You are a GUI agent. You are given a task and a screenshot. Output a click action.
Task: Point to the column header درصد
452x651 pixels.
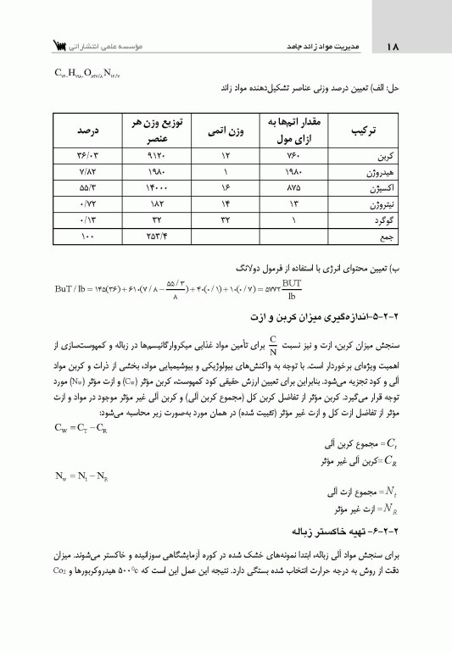pyautogui.click(x=85, y=132)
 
